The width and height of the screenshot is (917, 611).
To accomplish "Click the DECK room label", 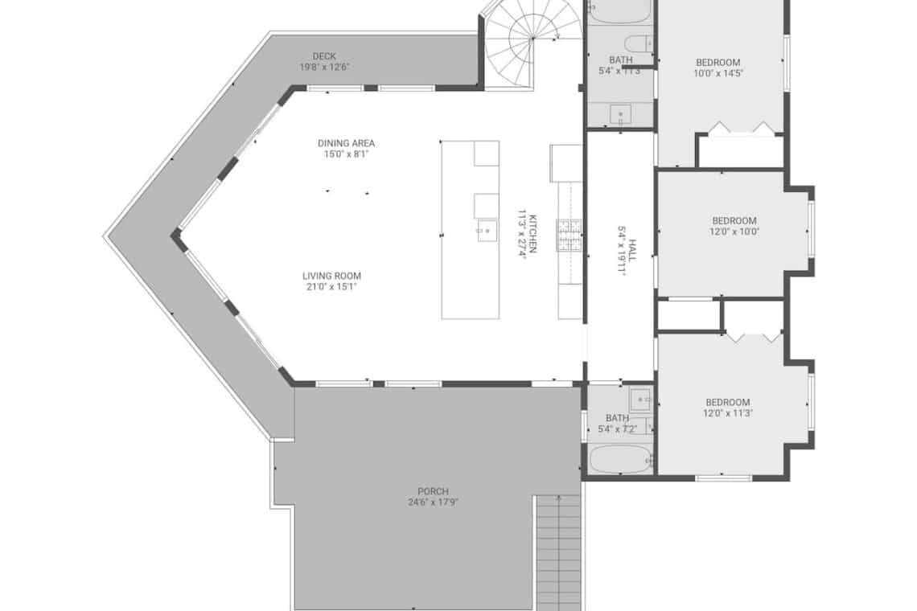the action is (324, 57).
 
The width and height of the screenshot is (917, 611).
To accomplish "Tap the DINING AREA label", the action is (346, 143).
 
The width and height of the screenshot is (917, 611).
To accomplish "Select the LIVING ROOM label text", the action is (331, 276).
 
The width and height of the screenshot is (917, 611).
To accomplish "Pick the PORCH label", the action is (434, 491).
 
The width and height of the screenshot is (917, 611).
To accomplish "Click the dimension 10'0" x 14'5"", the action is (718, 74).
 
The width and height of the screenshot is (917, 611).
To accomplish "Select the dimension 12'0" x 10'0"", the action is (734, 232).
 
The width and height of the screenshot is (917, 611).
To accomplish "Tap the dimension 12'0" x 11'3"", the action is (727, 413).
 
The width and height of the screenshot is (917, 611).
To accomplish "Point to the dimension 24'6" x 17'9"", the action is (434, 502).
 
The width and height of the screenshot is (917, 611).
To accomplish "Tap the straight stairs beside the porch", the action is (559, 553).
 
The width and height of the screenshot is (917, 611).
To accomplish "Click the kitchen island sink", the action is (487, 231).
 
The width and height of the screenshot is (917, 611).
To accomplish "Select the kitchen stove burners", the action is (569, 235).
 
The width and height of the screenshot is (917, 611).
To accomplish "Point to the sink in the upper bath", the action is (620, 113).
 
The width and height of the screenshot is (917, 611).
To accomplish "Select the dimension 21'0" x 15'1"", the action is (331, 287).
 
